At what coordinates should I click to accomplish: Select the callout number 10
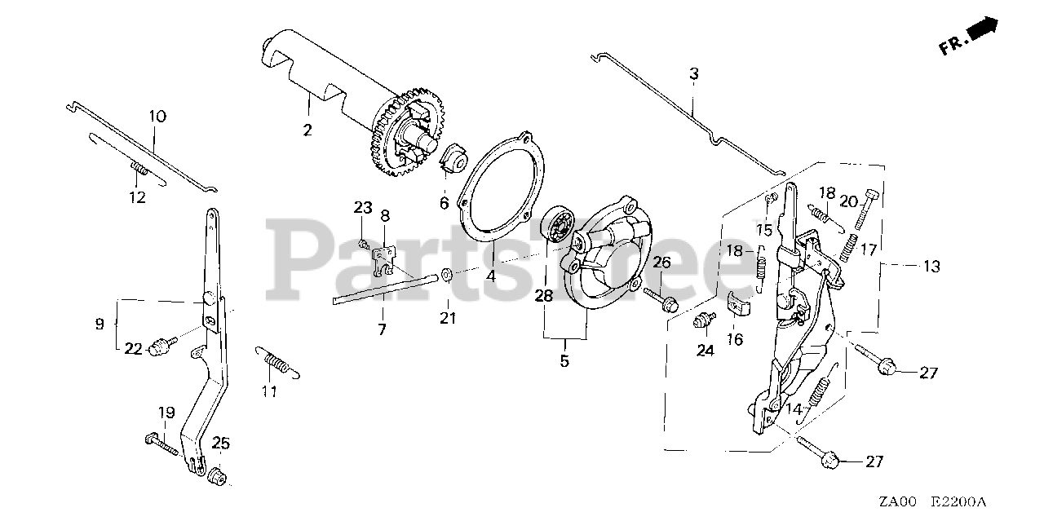click(157, 117)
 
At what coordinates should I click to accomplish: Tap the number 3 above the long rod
click(693, 74)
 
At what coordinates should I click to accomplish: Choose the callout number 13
click(931, 267)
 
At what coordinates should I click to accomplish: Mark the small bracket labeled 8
click(383, 256)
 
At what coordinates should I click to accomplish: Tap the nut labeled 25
click(218, 475)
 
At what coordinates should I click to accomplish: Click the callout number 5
click(564, 359)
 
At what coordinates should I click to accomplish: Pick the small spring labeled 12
click(140, 170)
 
